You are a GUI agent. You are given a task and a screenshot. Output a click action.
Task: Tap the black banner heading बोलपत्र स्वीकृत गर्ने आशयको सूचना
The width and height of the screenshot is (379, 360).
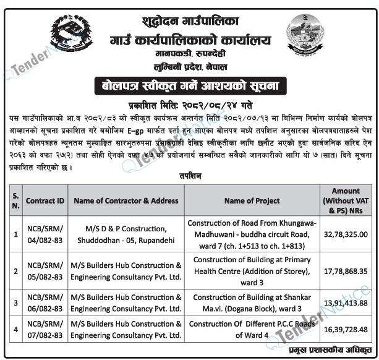190,84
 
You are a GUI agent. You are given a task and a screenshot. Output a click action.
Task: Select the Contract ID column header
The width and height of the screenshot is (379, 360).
45,201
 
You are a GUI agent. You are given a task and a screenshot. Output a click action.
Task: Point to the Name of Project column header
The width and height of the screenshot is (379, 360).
252,201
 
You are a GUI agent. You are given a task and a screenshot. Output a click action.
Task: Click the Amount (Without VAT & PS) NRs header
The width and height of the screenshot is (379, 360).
346,201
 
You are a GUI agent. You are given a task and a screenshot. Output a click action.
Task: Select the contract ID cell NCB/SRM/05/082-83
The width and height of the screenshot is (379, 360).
45,270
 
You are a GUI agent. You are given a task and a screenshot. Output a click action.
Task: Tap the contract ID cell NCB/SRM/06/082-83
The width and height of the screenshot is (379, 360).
45,302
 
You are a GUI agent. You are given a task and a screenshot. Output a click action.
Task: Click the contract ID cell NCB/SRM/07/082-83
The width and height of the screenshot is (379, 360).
45,330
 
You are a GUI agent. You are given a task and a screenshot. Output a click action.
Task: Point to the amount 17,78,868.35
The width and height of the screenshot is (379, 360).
346,270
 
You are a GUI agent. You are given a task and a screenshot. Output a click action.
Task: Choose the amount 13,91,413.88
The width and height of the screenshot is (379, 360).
346,302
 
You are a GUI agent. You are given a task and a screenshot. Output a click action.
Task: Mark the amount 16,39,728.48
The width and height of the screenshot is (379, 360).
346,330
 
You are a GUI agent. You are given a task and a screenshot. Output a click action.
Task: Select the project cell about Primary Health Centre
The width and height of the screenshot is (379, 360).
252,270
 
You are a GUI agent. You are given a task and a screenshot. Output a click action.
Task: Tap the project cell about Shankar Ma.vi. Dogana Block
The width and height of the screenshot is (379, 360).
252,302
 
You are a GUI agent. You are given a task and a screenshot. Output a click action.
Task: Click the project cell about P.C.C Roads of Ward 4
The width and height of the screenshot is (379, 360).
252,330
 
